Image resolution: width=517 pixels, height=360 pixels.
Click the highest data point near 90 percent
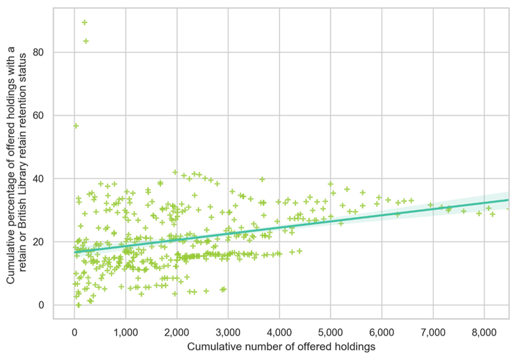[x=85, y=22]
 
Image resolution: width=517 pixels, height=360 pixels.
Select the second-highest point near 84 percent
[x=86, y=41]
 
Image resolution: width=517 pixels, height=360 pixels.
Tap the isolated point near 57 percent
[x=76, y=126]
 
